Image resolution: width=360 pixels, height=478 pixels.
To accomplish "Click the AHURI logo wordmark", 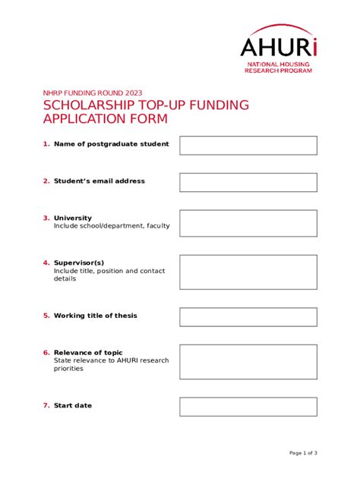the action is coord(278,46).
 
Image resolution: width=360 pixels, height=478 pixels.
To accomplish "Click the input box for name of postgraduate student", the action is coord(248,145).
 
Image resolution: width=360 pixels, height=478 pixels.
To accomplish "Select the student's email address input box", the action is coord(248,182).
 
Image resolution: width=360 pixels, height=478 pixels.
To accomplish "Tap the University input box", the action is coord(248,223).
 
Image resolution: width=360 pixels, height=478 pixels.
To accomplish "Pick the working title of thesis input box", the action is coord(248,316).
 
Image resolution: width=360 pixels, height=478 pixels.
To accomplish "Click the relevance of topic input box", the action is coord(248,362).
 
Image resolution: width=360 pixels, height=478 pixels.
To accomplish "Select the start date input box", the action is coord(248,406).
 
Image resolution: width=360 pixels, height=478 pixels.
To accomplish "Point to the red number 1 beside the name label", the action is coord(46,143).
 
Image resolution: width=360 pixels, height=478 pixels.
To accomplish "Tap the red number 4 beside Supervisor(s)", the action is coord(46,263).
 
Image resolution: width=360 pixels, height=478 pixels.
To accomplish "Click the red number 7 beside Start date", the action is coord(46,406).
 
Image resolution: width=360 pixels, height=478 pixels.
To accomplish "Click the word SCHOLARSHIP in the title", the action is coord(89,105).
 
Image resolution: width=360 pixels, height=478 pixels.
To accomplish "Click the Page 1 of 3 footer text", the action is coord(303,453).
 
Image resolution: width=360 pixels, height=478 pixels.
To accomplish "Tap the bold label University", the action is coord(72,218).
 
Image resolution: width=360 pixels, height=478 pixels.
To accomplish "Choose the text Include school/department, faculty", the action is coord(112,226).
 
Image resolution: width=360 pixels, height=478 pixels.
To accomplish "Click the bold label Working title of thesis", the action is coord(95,316).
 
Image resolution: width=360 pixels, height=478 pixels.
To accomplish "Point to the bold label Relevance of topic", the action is coord(87,353).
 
